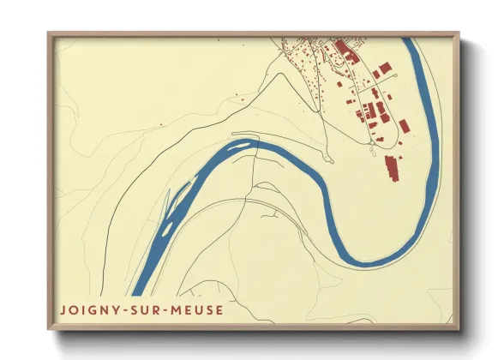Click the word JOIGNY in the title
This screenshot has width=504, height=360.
(x=87, y=309)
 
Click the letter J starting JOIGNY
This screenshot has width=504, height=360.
(x=63, y=309)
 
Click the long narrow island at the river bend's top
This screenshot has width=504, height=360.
(x=243, y=145)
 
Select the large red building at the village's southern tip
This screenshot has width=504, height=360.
(x=393, y=166)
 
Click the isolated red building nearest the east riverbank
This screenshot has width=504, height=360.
(x=404, y=127)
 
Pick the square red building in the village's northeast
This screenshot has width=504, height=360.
(x=386, y=67)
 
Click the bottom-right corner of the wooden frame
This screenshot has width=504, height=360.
(x=458, y=328)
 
